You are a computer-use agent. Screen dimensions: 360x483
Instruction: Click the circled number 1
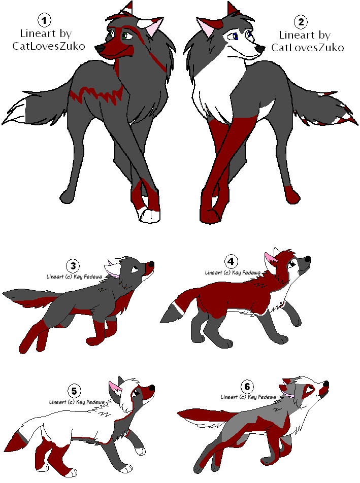coord(44,20)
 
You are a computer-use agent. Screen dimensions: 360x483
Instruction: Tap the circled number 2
coord(301,21)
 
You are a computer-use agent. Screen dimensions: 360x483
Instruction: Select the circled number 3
coord(73,265)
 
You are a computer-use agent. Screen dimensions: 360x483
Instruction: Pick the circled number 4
coord(231,261)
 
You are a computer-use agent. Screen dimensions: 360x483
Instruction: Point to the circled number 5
coord(74,391)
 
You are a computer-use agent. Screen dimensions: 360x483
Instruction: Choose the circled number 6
coord(247,386)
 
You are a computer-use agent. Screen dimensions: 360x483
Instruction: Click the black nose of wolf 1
coord(99,48)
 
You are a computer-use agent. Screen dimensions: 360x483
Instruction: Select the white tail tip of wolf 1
coord(15,112)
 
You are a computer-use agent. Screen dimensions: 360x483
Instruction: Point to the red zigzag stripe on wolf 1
coord(96,94)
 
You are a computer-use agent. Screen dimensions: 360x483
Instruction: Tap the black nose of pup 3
coord(151,264)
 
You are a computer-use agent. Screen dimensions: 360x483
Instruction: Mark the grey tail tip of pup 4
coord(170,314)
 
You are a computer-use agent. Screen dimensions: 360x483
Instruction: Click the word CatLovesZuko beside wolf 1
coord(49,46)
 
